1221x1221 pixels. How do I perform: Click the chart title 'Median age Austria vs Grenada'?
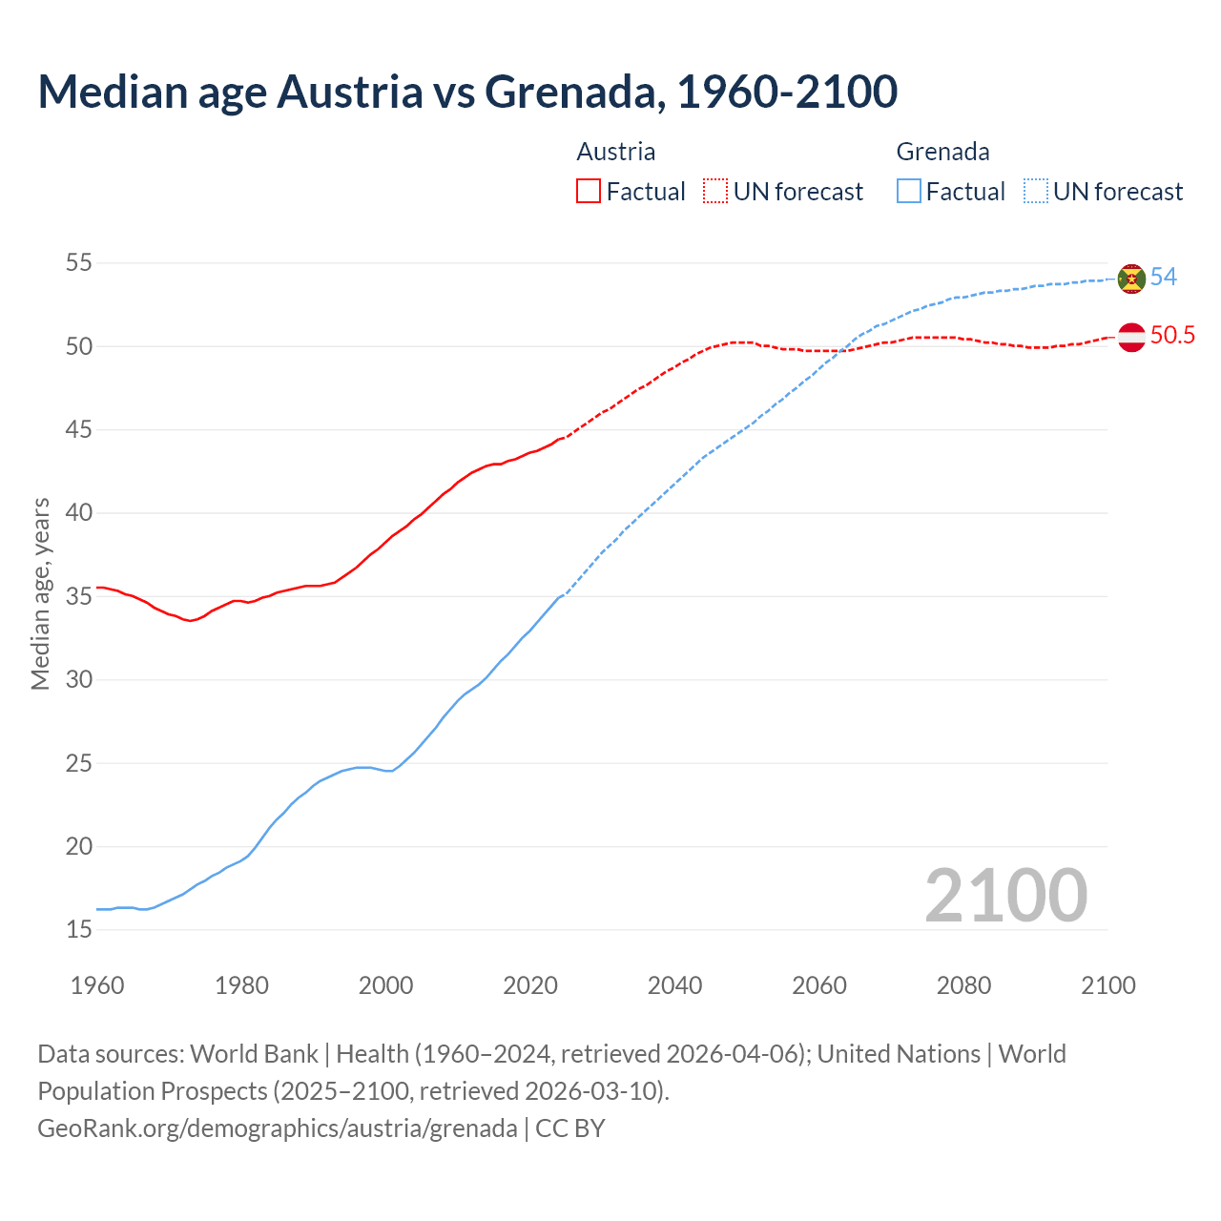[x=467, y=92]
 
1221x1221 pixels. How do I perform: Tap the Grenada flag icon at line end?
[x=1131, y=278]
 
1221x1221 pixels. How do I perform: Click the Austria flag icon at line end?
[x=1131, y=337]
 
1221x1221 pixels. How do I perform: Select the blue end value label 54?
[x=1164, y=278]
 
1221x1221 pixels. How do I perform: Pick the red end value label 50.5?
[x=1172, y=336]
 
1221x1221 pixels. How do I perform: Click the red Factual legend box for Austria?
[x=589, y=192]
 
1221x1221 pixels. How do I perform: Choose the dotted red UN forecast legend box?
[x=715, y=192]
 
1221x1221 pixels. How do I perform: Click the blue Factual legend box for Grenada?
[x=909, y=192]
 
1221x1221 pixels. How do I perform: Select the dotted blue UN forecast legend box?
[x=1036, y=192]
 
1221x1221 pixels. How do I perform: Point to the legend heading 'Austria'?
[x=616, y=152]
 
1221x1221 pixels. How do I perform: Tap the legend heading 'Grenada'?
[x=942, y=152]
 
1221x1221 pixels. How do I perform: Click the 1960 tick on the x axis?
[x=97, y=985]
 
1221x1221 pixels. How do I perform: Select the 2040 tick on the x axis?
[x=674, y=985]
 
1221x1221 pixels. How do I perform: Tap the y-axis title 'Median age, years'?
[x=40, y=593]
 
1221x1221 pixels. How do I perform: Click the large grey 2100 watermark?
[x=1005, y=896]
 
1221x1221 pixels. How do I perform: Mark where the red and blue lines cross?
[x=840, y=350]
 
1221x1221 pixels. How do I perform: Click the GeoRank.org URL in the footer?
[x=277, y=1128]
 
